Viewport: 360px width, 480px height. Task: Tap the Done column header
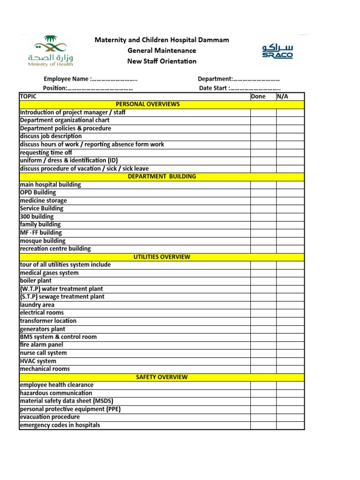click(258, 97)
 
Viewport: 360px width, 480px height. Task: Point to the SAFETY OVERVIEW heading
click(162, 377)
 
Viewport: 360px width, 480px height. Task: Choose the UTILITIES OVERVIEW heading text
click(162, 257)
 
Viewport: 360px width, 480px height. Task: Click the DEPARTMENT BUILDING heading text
click(162, 177)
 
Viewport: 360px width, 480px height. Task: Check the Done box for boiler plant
click(263, 281)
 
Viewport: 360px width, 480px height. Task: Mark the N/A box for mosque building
click(290, 241)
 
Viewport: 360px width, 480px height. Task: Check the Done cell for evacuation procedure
click(263, 417)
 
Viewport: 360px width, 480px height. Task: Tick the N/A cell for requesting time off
click(290, 153)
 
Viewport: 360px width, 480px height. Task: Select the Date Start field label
click(214, 88)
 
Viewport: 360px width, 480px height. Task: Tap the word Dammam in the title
click(215, 40)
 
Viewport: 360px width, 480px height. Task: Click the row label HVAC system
click(38, 361)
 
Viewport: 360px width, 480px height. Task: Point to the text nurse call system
click(43, 353)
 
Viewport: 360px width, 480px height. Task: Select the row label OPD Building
click(38, 193)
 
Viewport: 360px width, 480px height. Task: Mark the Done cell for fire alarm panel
click(263, 345)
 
